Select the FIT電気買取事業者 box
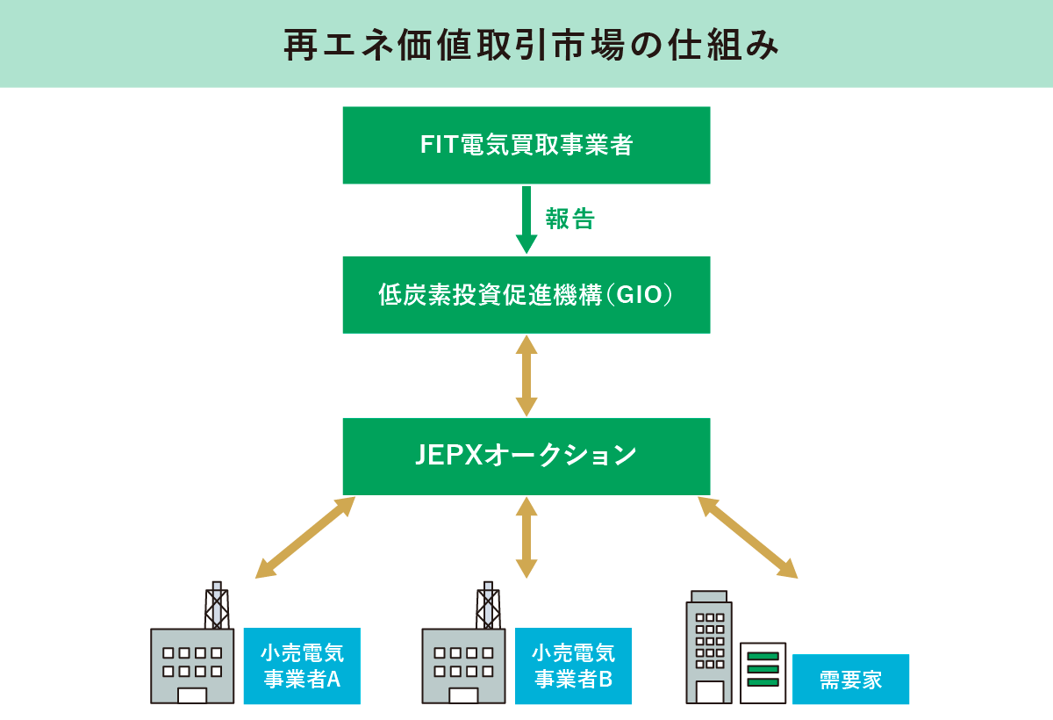[x=526, y=145]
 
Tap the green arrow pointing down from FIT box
[x=526, y=219]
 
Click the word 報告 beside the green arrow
[x=570, y=220]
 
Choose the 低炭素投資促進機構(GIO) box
[x=526, y=295]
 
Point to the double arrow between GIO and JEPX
[x=526, y=375]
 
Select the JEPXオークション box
[x=526, y=456]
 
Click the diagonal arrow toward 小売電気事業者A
[x=305, y=537]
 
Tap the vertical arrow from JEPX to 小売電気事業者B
[x=526, y=536]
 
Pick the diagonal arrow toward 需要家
[x=748, y=537]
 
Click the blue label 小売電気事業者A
[x=302, y=666]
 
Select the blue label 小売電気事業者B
[x=573, y=666]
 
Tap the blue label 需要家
[x=850, y=680]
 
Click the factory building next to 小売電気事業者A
[x=192, y=665]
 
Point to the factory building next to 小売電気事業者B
[x=463, y=665]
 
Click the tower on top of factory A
[x=217, y=605]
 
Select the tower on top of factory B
[x=488, y=605]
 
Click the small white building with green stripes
[x=763, y=673]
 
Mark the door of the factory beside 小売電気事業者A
[x=192, y=695]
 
